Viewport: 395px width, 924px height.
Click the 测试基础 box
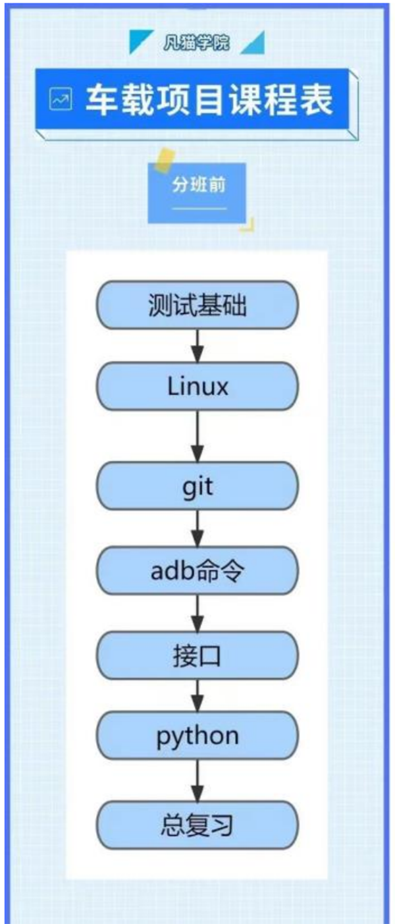197,305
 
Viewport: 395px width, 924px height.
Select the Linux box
197,386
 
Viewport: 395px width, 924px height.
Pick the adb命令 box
197,570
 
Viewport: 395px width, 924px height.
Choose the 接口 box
197,655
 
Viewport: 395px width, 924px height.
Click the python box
197,736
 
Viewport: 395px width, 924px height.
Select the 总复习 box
197,825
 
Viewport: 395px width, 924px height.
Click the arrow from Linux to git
197,436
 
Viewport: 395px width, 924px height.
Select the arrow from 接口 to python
197,695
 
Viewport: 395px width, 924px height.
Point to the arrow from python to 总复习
197,780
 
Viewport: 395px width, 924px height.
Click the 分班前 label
199,185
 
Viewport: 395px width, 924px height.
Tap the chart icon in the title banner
61,101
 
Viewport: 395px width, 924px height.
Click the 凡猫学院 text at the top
197,44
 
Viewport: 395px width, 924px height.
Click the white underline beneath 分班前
199,208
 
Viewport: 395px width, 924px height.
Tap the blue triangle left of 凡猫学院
139,42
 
